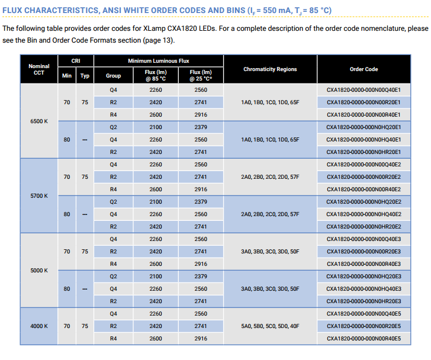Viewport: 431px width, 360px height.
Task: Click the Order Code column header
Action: tap(364, 69)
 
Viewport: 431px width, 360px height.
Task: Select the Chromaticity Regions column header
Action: tap(270, 69)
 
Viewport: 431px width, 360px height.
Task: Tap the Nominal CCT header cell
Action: tap(39, 69)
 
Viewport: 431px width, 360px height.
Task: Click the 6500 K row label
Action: tap(39, 121)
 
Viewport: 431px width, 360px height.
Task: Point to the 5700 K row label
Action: tap(39, 195)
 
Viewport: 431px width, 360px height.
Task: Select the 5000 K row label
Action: tap(39, 271)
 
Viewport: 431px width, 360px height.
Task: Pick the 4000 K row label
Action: tap(39, 326)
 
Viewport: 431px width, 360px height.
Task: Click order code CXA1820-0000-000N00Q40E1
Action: tap(364, 90)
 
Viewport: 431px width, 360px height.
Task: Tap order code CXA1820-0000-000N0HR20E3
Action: tap(364, 301)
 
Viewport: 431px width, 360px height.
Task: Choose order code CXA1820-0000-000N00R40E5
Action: tap(364, 339)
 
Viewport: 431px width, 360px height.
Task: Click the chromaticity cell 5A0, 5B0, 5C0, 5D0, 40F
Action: tap(270, 326)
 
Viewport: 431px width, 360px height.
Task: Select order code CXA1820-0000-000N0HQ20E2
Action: tap(364, 202)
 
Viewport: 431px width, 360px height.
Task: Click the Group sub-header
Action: tap(113, 76)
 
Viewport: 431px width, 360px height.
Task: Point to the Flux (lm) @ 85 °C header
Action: tap(156, 75)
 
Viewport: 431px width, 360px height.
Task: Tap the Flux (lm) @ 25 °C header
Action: tap(201, 75)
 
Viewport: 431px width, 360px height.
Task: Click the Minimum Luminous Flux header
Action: tap(159, 61)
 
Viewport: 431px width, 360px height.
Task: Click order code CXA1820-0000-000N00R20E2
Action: tap(364, 177)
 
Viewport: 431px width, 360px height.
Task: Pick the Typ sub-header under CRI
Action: tap(85, 76)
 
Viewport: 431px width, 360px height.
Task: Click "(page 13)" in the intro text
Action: tap(159, 40)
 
